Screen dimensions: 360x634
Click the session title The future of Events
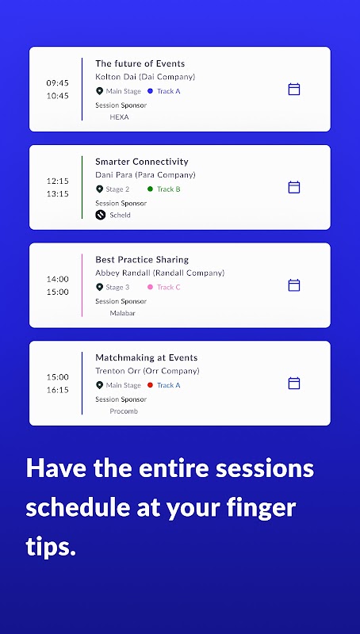point(140,63)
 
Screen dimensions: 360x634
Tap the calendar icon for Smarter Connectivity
point(294,187)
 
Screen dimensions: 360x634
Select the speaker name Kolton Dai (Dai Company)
point(145,76)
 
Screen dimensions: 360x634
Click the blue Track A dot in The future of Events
point(150,91)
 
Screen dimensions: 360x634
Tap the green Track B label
point(169,189)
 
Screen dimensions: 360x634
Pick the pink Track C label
point(169,287)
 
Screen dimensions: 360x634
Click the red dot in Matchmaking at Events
point(150,385)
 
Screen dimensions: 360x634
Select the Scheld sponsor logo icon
point(101,215)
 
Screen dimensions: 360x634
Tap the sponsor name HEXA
point(119,117)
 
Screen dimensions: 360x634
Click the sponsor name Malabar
point(123,313)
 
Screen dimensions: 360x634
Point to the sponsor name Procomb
point(124,411)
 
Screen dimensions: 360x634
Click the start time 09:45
point(57,83)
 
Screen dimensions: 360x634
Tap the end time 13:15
point(57,193)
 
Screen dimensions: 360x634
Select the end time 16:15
point(57,390)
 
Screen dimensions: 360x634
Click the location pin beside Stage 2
point(99,189)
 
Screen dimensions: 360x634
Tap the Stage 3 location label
point(117,287)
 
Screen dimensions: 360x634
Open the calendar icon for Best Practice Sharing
point(294,285)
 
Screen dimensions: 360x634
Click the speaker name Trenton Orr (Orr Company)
point(147,371)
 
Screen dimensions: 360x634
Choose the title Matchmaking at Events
point(147,357)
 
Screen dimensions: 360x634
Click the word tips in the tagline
point(51,547)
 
